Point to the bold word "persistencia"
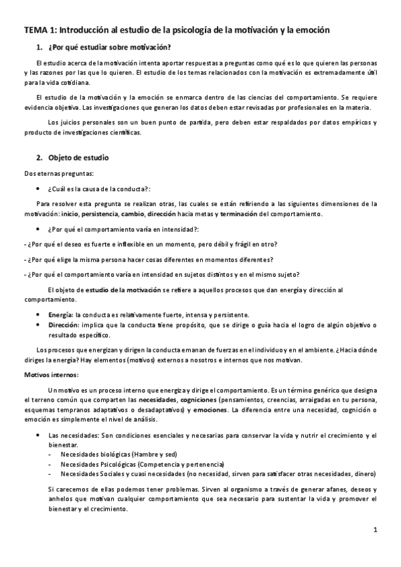[99, 214]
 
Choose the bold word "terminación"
[242, 214]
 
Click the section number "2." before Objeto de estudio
[39, 158]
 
